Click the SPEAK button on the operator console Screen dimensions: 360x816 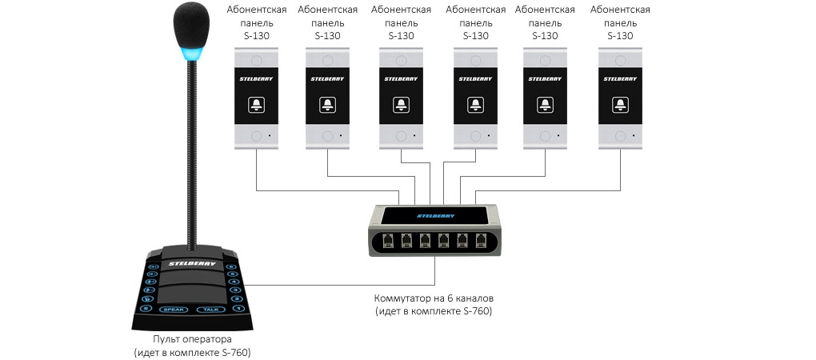coord(174,309)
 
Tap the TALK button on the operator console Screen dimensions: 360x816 coord(210,309)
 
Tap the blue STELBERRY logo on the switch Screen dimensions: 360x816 coord(435,215)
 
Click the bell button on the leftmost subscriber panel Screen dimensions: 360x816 coord(256,105)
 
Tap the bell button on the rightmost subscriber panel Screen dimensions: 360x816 coord(620,105)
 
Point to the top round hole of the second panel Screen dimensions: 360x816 coord(328,60)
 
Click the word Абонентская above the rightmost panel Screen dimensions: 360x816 coord(619,10)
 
